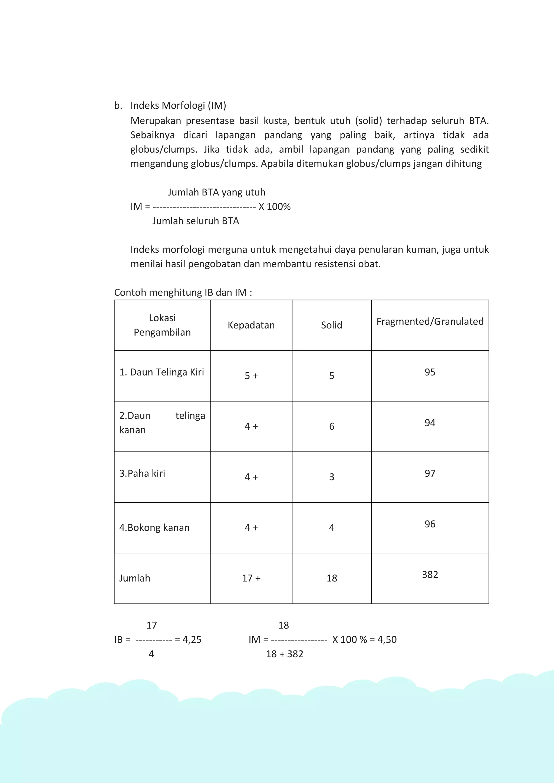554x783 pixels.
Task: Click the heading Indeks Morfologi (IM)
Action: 178,105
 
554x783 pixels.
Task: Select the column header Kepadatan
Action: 251,325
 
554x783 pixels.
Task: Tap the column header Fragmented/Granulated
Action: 430,321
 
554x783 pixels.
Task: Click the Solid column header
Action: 331,325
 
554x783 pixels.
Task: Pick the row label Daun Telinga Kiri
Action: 162,372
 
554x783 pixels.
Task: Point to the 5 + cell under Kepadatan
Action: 251,376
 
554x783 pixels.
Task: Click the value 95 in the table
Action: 430,372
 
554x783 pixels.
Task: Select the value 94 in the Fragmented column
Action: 430,423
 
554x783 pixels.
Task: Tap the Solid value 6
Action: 332,426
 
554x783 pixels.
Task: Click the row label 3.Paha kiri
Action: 142,473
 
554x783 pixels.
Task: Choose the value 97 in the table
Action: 430,473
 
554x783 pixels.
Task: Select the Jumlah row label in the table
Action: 134,578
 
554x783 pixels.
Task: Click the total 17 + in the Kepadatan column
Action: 251,578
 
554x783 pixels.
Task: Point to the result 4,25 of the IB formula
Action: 192,639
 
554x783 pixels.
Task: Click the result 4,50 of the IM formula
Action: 387,639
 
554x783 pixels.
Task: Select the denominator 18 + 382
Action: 285,654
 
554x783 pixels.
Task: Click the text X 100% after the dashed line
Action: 274,207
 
